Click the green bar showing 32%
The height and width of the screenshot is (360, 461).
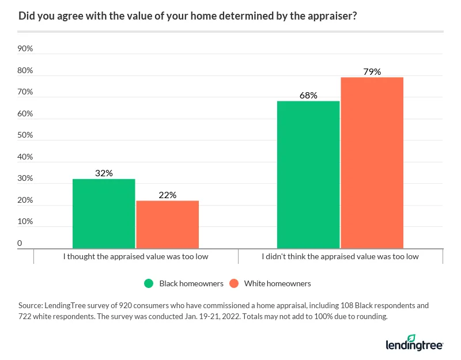(104, 214)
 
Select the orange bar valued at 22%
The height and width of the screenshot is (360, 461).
(167, 225)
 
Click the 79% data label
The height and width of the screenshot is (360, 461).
(372, 72)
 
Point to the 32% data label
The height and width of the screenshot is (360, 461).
(104, 173)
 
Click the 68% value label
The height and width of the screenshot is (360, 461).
(308, 96)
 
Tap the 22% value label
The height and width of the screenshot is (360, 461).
(167, 195)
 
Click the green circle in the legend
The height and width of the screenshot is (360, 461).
(149, 283)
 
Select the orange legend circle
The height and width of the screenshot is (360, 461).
(233, 283)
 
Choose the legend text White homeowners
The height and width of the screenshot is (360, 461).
(278, 283)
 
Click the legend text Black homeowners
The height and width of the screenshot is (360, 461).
(191, 283)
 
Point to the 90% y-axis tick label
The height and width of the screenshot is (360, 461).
(25, 49)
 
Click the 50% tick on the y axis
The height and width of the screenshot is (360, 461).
(25, 135)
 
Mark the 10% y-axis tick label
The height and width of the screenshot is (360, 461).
(25, 222)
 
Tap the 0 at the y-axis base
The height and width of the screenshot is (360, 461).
(20, 244)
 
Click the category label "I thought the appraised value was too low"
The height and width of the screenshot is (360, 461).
(135, 256)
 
